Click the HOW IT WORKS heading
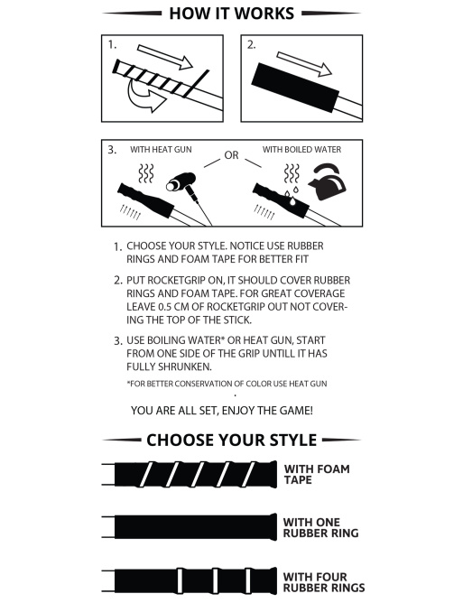pyautogui.click(x=231, y=14)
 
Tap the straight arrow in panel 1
pyautogui.click(x=164, y=57)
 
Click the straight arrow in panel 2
pyautogui.click(x=304, y=64)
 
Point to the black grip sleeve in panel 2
pyautogui.click(x=295, y=88)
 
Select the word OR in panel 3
pyautogui.click(x=231, y=155)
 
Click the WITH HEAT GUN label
pyautogui.click(x=161, y=149)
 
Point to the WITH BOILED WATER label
pyautogui.click(x=301, y=149)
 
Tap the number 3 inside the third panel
pyautogui.click(x=112, y=150)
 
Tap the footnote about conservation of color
pyautogui.click(x=227, y=384)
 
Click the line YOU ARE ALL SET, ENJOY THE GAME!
pyautogui.click(x=222, y=411)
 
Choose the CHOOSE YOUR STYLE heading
pyautogui.click(x=231, y=440)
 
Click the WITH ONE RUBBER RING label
pyautogui.click(x=320, y=527)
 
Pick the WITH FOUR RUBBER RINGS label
pyautogui.click(x=324, y=582)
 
